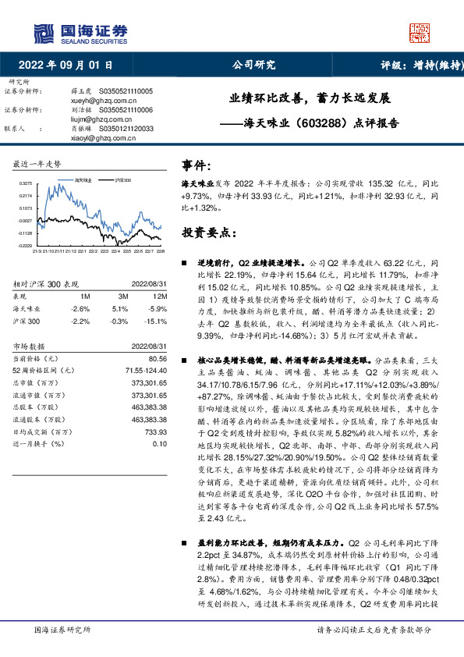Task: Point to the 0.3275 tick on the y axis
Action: (26, 184)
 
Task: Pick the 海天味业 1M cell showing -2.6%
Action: (80, 308)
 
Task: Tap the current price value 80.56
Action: (158, 357)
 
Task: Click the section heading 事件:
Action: (197, 166)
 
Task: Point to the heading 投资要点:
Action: (209, 233)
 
